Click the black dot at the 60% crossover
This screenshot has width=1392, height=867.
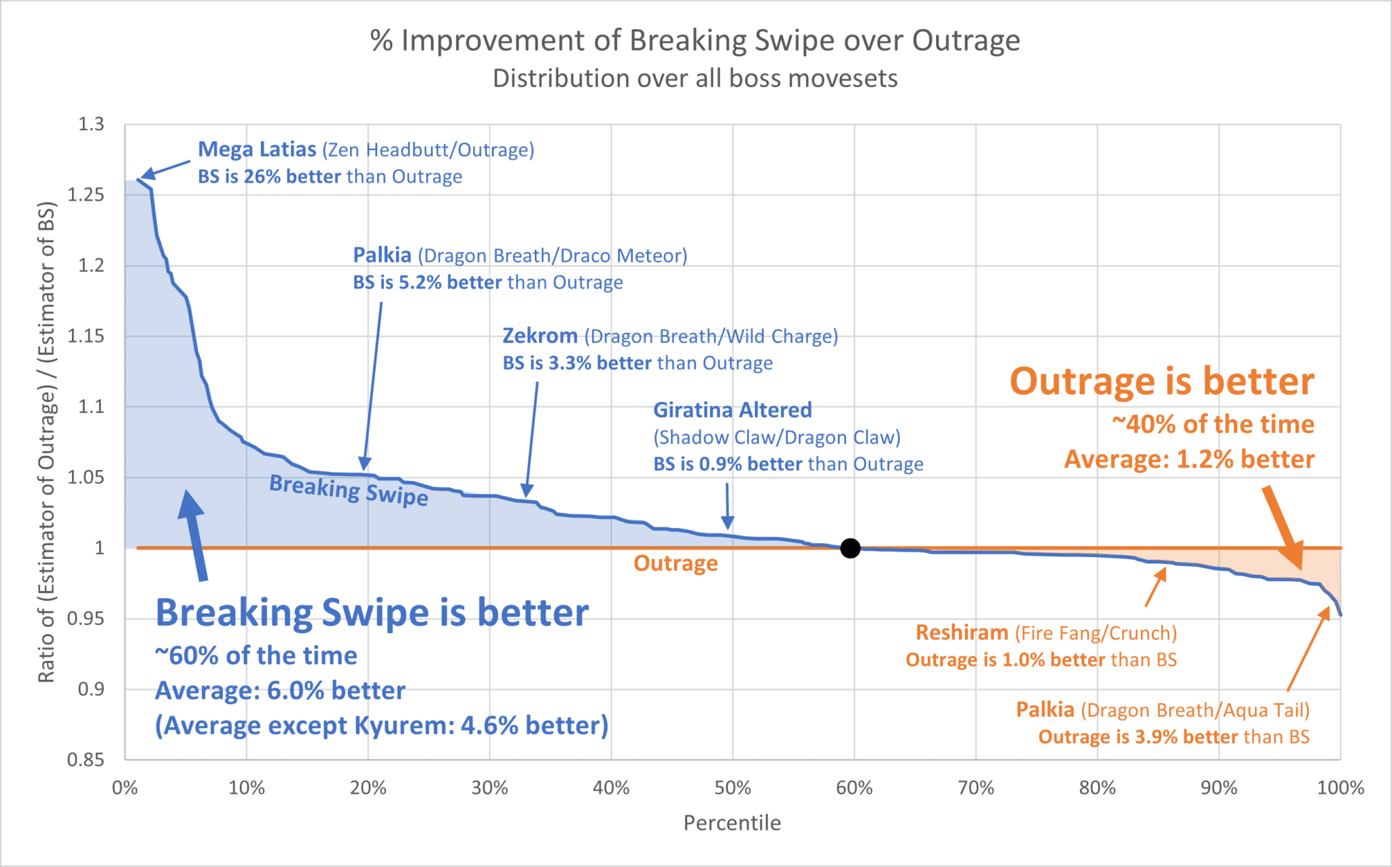[850, 548]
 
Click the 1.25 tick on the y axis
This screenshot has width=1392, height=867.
[86, 195]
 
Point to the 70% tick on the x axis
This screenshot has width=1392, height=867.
[975, 788]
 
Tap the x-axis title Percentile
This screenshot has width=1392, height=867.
[732, 823]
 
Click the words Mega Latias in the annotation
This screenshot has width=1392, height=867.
[257, 149]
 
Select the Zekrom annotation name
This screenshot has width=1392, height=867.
[540, 336]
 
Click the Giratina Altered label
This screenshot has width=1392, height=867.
[732, 410]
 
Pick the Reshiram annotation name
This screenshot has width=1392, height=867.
[962, 633]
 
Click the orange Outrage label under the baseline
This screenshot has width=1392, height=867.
[676, 563]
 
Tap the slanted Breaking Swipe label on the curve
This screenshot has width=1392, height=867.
[349, 490]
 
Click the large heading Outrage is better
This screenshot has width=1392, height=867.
[1162, 381]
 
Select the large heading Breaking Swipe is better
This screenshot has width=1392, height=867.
[372, 613]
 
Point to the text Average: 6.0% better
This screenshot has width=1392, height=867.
[280, 691]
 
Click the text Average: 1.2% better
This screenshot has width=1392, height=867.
[1189, 459]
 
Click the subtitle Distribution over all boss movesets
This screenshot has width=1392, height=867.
[695, 79]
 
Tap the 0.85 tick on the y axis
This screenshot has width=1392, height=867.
[86, 760]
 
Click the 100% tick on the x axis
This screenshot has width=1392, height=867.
[1340, 788]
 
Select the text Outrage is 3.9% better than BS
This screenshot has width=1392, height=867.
[1173, 737]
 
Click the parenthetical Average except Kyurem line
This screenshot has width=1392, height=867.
[381, 726]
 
